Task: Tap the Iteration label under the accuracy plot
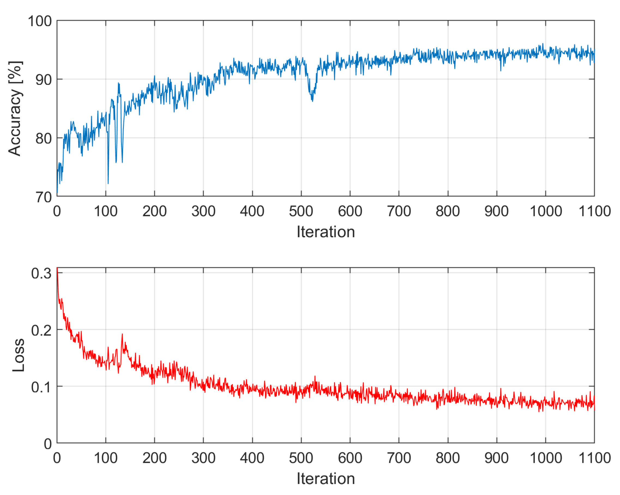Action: (326, 232)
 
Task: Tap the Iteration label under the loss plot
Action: (326, 478)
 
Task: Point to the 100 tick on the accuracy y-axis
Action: (40, 21)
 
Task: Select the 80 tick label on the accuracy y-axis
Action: (43, 138)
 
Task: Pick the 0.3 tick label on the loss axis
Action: (41, 273)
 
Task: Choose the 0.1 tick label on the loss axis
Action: (41, 387)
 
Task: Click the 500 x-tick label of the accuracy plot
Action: (301, 211)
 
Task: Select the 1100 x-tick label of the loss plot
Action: (594, 458)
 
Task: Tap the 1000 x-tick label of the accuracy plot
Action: (546, 211)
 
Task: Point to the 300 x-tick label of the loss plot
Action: (203, 458)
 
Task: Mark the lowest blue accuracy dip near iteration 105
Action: (108, 183)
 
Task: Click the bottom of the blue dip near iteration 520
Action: (312, 101)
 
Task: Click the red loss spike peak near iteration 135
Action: (122, 334)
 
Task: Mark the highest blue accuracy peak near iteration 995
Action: (543, 44)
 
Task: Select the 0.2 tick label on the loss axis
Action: (41, 331)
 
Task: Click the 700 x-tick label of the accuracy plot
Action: (399, 211)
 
